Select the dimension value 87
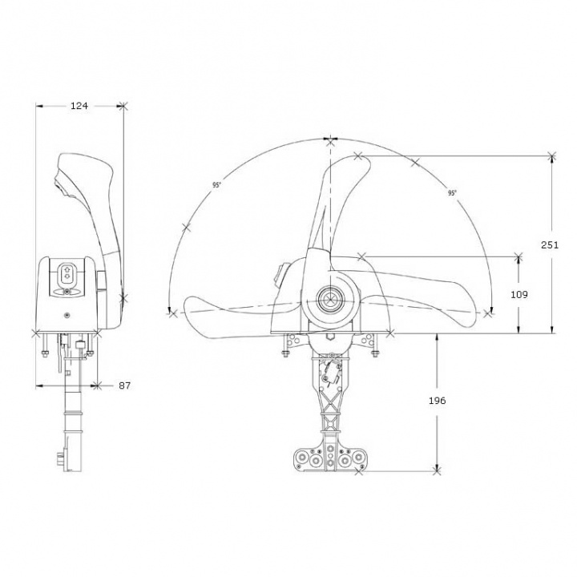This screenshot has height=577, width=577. click(x=124, y=385)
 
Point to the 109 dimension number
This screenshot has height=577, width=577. click(x=519, y=295)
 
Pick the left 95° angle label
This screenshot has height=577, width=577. click(x=216, y=185)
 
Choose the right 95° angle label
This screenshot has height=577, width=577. click(x=452, y=193)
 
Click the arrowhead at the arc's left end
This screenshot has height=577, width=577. click(x=170, y=311)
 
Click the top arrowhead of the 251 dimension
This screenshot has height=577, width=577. click(x=551, y=156)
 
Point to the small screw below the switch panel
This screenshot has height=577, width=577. click(x=67, y=313)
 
